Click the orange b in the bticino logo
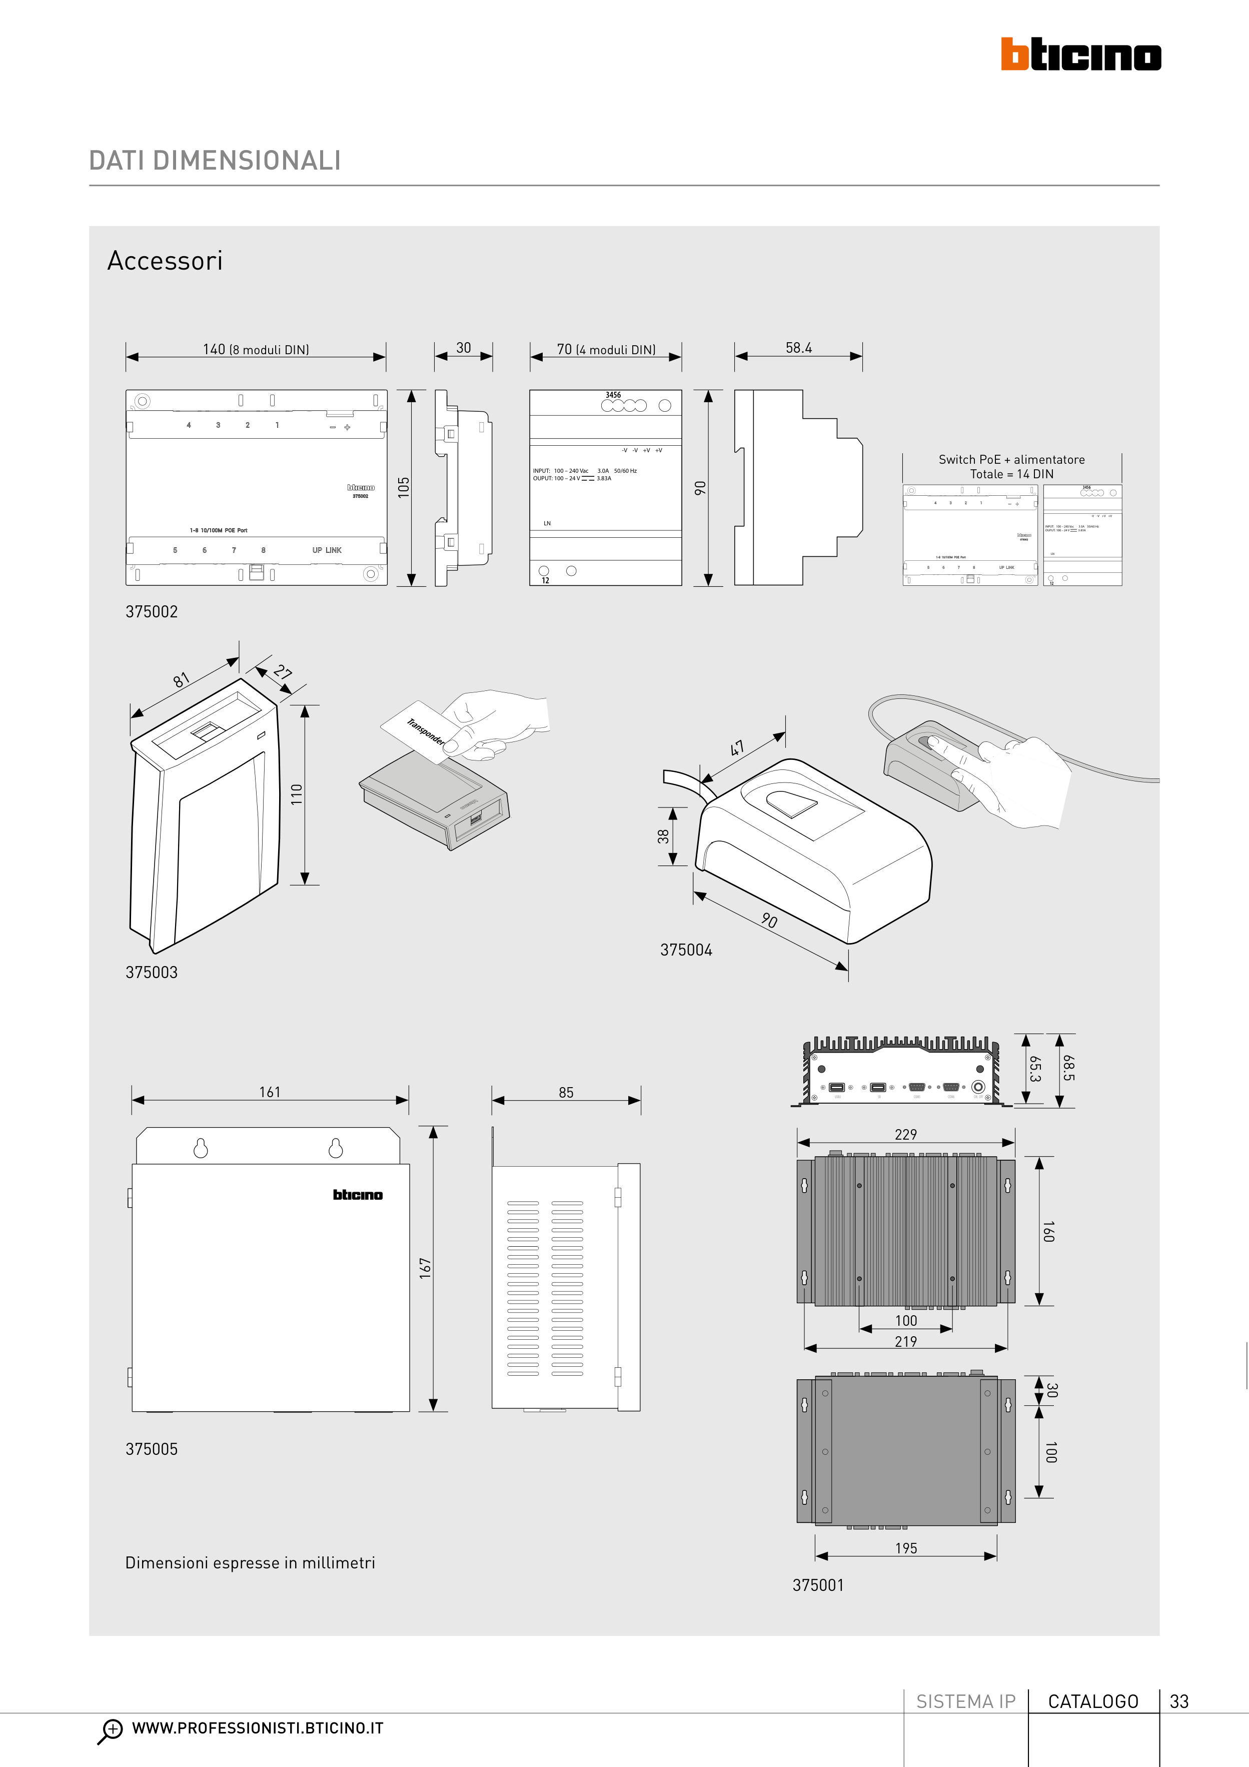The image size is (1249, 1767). pos(1014,55)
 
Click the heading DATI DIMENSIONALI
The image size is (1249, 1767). pos(215,160)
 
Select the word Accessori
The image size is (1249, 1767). pos(165,261)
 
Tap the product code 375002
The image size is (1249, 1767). pos(152,612)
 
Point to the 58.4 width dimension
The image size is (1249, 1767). pos(799,348)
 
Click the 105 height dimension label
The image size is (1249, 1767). pos(403,487)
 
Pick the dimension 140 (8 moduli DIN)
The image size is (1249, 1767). pos(256,349)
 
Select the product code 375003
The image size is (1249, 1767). pos(152,973)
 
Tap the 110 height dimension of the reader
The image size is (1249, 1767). pos(296,794)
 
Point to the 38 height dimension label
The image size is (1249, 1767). pos(663,836)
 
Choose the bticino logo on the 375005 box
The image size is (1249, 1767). pos(357,1194)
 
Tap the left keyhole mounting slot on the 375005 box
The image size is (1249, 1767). pos(200,1148)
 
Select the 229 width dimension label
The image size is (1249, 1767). pos(906,1134)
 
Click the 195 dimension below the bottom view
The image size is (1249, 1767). pos(906,1548)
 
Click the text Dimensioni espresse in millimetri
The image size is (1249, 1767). pos(250,1563)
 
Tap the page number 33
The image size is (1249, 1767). pos(1179,1701)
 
